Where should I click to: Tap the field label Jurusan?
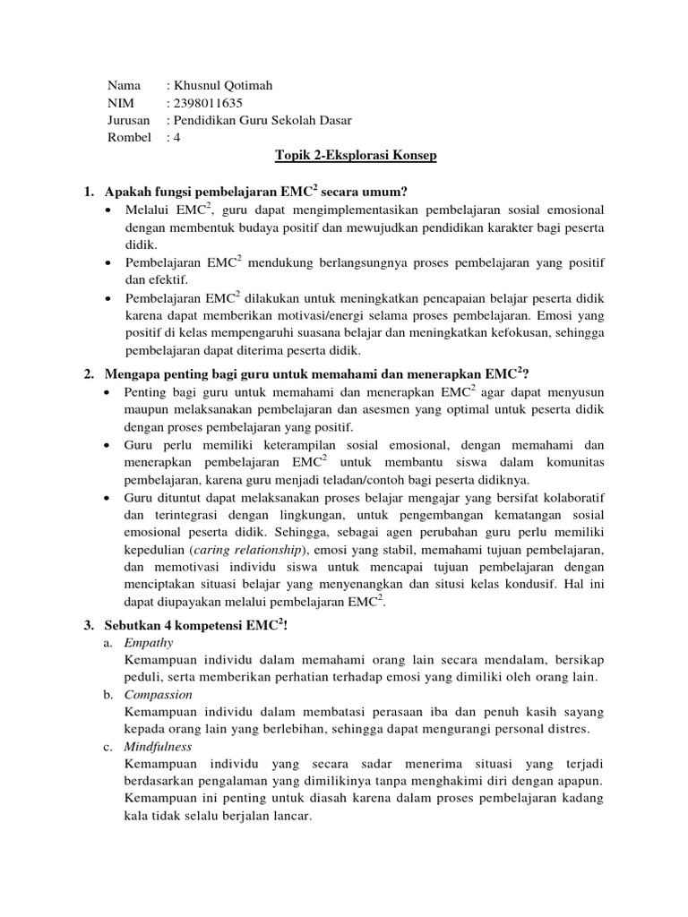(129, 121)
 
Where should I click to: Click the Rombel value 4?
(177, 138)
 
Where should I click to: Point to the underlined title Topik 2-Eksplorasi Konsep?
(355, 156)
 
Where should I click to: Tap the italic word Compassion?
(159, 694)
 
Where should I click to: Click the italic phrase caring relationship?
(253, 548)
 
